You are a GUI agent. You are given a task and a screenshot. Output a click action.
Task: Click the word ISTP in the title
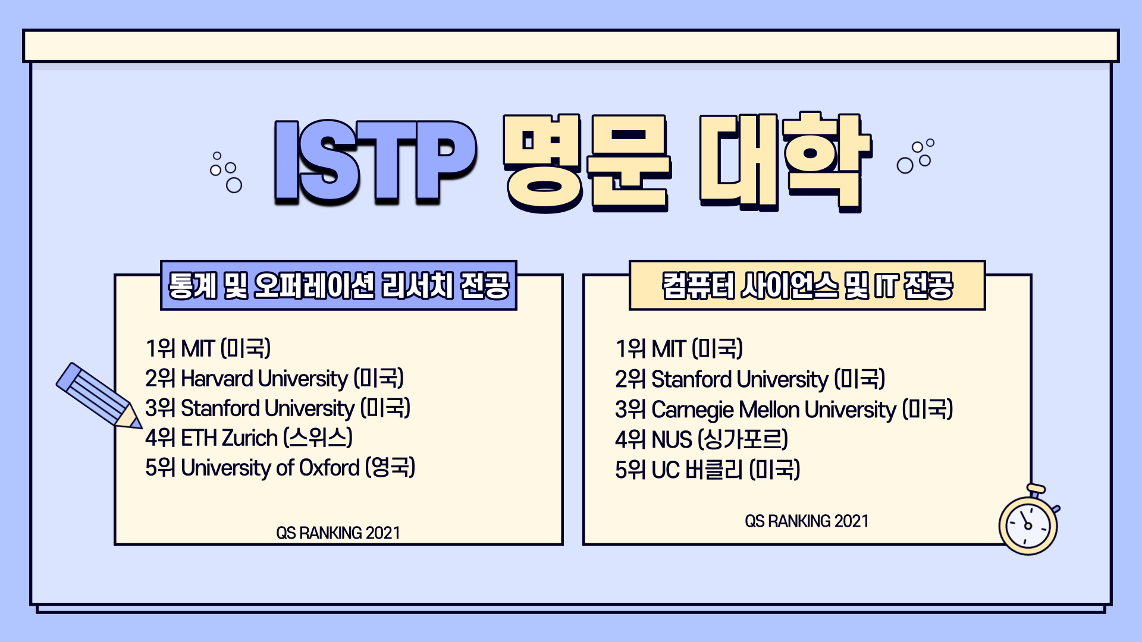[x=375, y=162]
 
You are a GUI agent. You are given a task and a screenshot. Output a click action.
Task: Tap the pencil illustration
[x=99, y=396]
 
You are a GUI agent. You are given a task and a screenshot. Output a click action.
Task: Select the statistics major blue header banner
[x=338, y=285]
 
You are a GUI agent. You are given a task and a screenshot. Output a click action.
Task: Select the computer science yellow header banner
[x=807, y=285]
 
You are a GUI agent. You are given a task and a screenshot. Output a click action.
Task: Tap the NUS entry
[x=701, y=440]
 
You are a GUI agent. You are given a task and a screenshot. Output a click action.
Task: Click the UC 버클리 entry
[x=708, y=470]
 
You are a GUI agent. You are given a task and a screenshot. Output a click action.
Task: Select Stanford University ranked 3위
[x=278, y=408]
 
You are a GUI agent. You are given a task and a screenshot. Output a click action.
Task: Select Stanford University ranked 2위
[x=750, y=379]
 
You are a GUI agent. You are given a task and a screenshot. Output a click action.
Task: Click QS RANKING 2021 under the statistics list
[x=338, y=533]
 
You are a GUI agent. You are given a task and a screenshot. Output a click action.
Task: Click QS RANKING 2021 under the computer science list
[x=807, y=521]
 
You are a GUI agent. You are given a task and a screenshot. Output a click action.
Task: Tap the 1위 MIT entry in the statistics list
[x=208, y=348]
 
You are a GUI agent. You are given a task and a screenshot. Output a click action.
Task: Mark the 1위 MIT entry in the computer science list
[x=679, y=349]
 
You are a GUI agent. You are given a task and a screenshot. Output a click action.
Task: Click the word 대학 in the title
[x=785, y=162]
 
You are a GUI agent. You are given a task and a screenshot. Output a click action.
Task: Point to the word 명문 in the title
[x=587, y=163]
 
